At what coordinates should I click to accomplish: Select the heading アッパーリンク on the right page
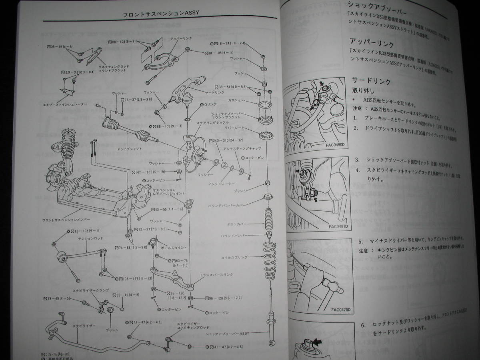pyautogui.click(x=372, y=41)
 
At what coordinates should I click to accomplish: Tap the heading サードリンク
pyautogui.click(x=371, y=80)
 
